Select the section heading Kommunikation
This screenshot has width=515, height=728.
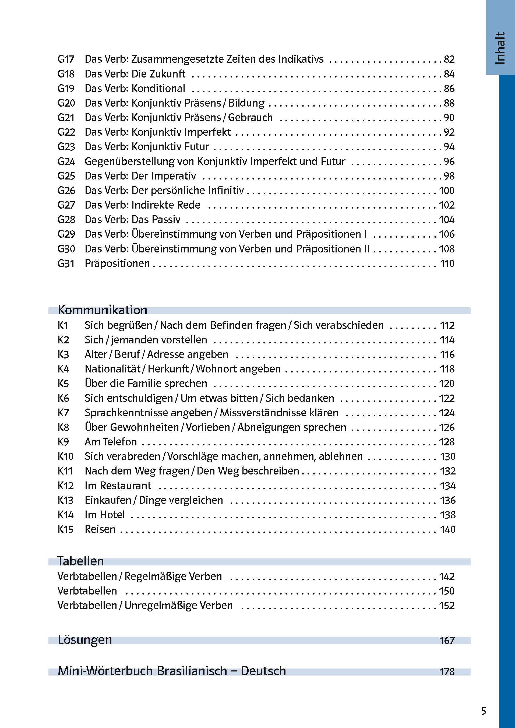(103, 310)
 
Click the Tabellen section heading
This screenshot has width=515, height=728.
(80, 561)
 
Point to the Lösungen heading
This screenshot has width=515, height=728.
(85, 640)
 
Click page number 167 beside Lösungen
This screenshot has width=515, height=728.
(447, 641)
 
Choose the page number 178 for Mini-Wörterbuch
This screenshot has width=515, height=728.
(447, 671)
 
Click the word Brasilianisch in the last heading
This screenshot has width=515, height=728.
(192, 671)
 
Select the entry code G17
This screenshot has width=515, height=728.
(66, 59)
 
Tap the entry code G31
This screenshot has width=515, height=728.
(66, 263)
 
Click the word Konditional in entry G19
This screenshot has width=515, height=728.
(158, 89)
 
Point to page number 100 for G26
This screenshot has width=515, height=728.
(446, 191)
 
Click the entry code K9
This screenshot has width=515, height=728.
(63, 442)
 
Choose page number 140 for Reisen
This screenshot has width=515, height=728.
(447, 529)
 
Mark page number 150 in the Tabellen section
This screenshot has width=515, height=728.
(447, 591)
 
